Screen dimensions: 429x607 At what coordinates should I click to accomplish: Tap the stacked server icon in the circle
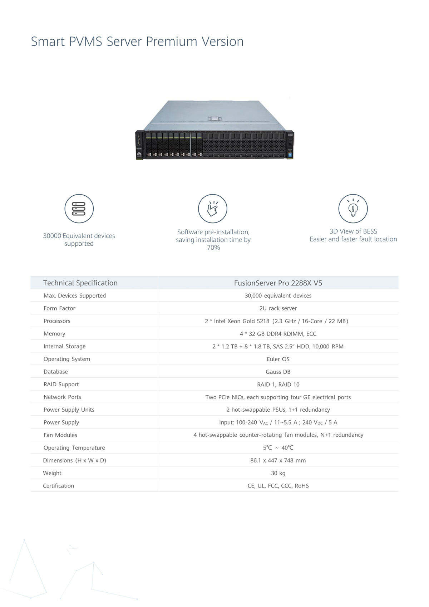[79, 209]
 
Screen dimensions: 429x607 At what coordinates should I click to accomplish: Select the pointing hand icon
[213, 209]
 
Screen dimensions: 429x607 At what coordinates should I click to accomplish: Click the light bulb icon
[353, 209]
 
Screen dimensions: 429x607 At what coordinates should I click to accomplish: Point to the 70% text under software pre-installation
[213, 248]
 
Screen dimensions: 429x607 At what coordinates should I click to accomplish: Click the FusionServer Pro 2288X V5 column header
[278, 283]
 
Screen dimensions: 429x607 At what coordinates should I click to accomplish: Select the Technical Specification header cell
[80, 283]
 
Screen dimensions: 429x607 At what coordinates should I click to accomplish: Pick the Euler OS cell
[278, 359]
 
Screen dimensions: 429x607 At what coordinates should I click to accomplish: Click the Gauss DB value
[278, 372]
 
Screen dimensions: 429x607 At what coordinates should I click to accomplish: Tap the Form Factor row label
[59, 308]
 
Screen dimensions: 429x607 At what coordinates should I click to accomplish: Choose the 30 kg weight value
[278, 473]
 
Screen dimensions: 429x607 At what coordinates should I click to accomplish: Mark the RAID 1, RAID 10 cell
[278, 385]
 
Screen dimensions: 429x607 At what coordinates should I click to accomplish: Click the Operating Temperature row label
[74, 448]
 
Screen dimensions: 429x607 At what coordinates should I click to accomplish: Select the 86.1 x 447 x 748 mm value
[278, 460]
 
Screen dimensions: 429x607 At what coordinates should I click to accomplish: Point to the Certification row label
[59, 486]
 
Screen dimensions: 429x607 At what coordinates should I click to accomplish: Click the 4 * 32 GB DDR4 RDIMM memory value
[278, 334]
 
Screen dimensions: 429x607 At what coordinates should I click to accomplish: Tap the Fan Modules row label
[60, 435]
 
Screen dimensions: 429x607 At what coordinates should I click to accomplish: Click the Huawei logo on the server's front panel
[139, 155]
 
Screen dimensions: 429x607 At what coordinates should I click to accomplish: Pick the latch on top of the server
[214, 119]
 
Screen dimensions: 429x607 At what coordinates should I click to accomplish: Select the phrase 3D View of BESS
[353, 231]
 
